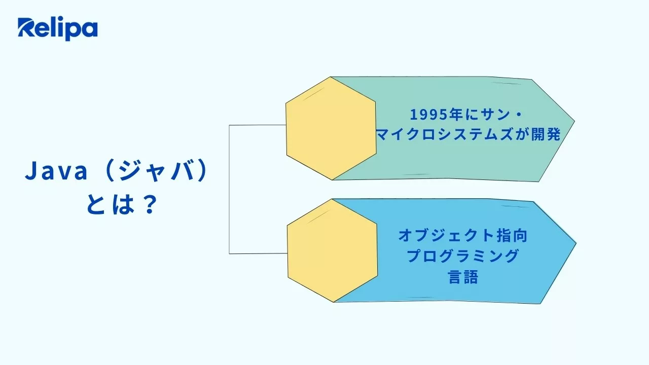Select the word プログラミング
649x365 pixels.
(x=463, y=256)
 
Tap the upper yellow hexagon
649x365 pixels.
(x=331, y=128)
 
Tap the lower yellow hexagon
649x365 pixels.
(x=332, y=250)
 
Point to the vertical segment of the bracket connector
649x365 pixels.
(x=229, y=189)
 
